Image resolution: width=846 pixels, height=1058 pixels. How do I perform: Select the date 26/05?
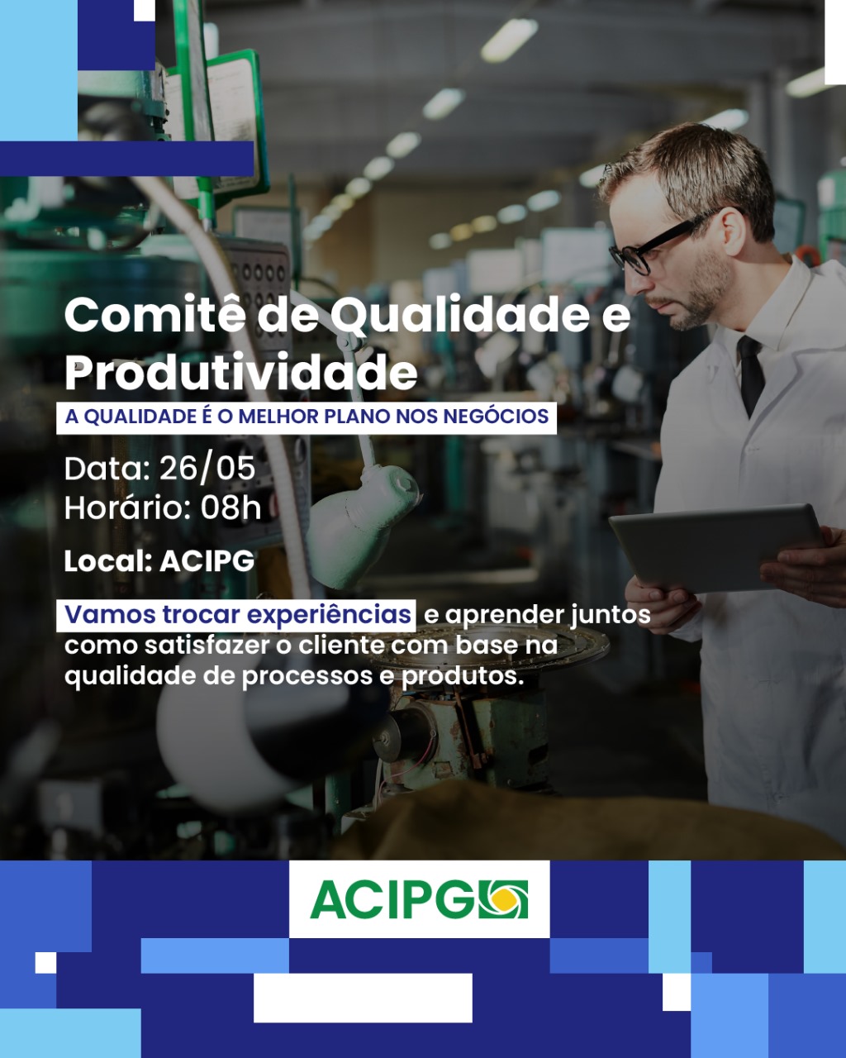coord(207,469)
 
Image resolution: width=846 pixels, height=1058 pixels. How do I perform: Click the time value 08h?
coord(231,507)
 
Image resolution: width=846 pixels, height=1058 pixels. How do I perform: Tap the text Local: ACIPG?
coord(159,560)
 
